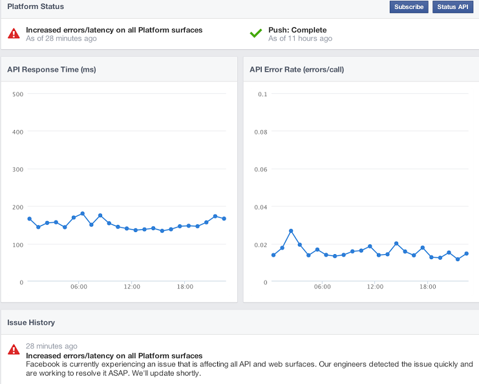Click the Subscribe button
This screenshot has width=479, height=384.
409,6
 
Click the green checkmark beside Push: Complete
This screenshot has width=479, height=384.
256,33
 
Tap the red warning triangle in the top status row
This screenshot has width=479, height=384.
14,34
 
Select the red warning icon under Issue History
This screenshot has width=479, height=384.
14,350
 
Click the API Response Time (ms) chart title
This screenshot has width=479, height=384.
52,69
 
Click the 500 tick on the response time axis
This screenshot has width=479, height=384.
17,94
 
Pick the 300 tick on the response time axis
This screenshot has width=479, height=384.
17,169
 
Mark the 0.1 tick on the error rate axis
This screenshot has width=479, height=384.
262,94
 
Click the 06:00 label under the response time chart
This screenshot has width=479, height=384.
79,287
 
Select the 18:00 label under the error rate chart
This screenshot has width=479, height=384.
427,287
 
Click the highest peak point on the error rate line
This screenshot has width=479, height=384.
291,231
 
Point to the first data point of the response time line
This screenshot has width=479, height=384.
30,219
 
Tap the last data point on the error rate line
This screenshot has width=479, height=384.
466,253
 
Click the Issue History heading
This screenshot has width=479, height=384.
31,322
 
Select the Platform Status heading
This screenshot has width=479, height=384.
36,6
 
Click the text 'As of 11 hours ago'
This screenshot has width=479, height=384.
300,39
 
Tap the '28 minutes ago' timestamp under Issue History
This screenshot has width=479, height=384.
52,347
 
